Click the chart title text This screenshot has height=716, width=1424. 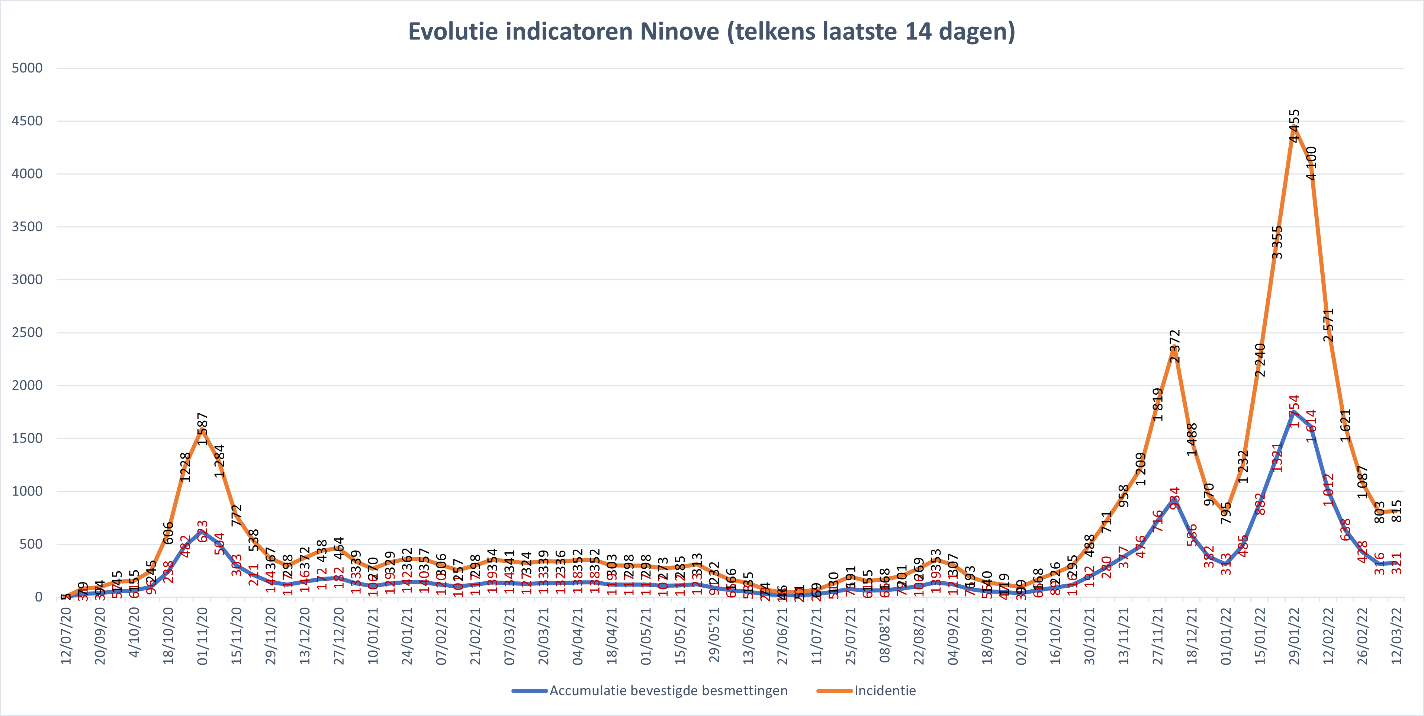[711, 32]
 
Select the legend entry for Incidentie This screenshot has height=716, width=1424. [884, 691]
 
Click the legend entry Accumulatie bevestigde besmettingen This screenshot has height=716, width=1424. [668, 691]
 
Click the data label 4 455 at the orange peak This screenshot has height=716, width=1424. [1295, 126]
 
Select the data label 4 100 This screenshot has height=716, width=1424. [1311, 163]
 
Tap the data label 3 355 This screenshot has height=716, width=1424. [1277, 242]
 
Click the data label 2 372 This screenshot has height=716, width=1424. [1175, 346]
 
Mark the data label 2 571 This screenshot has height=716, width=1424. [1328, 325]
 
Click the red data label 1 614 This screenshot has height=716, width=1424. [1311, 426]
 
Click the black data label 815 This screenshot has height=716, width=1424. [1397, 511]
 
